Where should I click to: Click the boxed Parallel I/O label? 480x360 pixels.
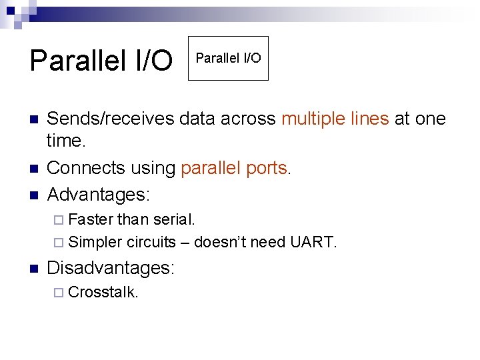pyautogui.click(x=228, y=58)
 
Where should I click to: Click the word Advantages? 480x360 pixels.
pyautogui.click(x=99, y=195)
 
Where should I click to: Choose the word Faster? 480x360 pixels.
pyautogui.click(x=91, y=219)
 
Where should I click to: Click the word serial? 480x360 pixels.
pyautogui.click(x=174, y=219)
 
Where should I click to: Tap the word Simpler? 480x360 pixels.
pyautogui.click(x=95, y=242)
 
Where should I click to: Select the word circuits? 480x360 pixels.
pyautogui.click(x=151, y=242)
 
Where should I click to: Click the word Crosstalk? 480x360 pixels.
pyautogui.click(x=103, y=293)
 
